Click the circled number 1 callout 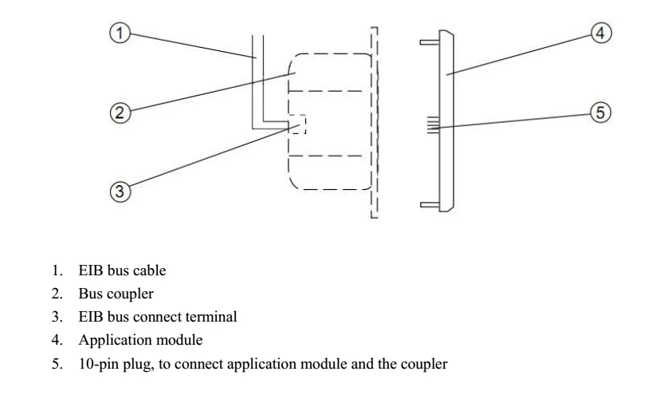[120, 34]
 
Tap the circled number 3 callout [120, 192]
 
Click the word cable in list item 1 [151, 271]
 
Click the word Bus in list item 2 [89, 294]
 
